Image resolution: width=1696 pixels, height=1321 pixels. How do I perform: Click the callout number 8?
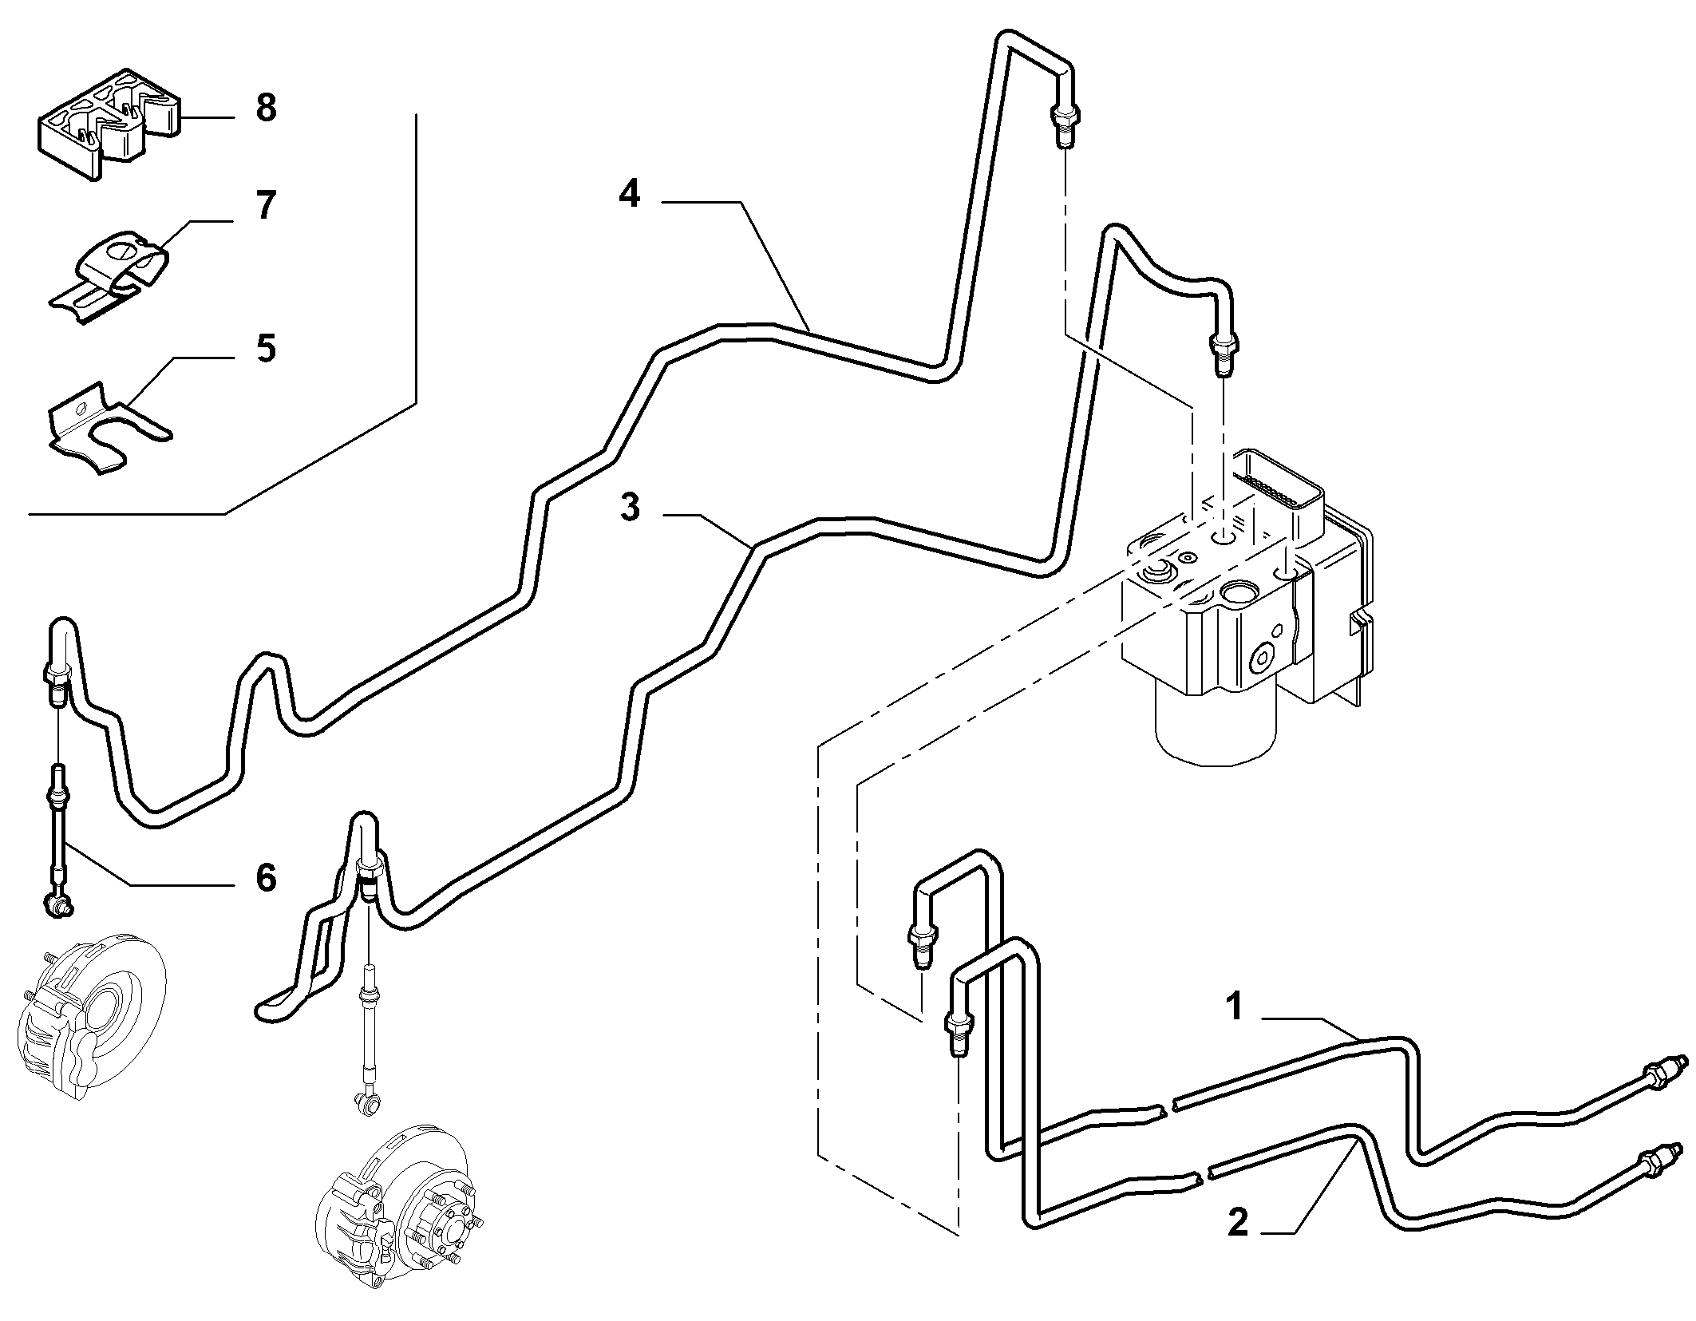[x=266, y=108]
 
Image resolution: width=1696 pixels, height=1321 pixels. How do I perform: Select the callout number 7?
[x=265, y=206]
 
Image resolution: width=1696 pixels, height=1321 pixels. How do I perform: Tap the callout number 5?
[x=265, y=349]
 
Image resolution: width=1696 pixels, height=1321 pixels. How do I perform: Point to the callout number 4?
[x=630, y=194]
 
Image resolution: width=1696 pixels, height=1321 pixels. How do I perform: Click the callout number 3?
[x=630, y=508]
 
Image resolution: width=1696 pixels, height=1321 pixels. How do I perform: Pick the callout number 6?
[x=265, y=877]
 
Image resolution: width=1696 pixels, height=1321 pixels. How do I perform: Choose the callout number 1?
[x=1235, y=1007]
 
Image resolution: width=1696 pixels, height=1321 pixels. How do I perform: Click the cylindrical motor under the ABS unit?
[x=1218, y=722]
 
